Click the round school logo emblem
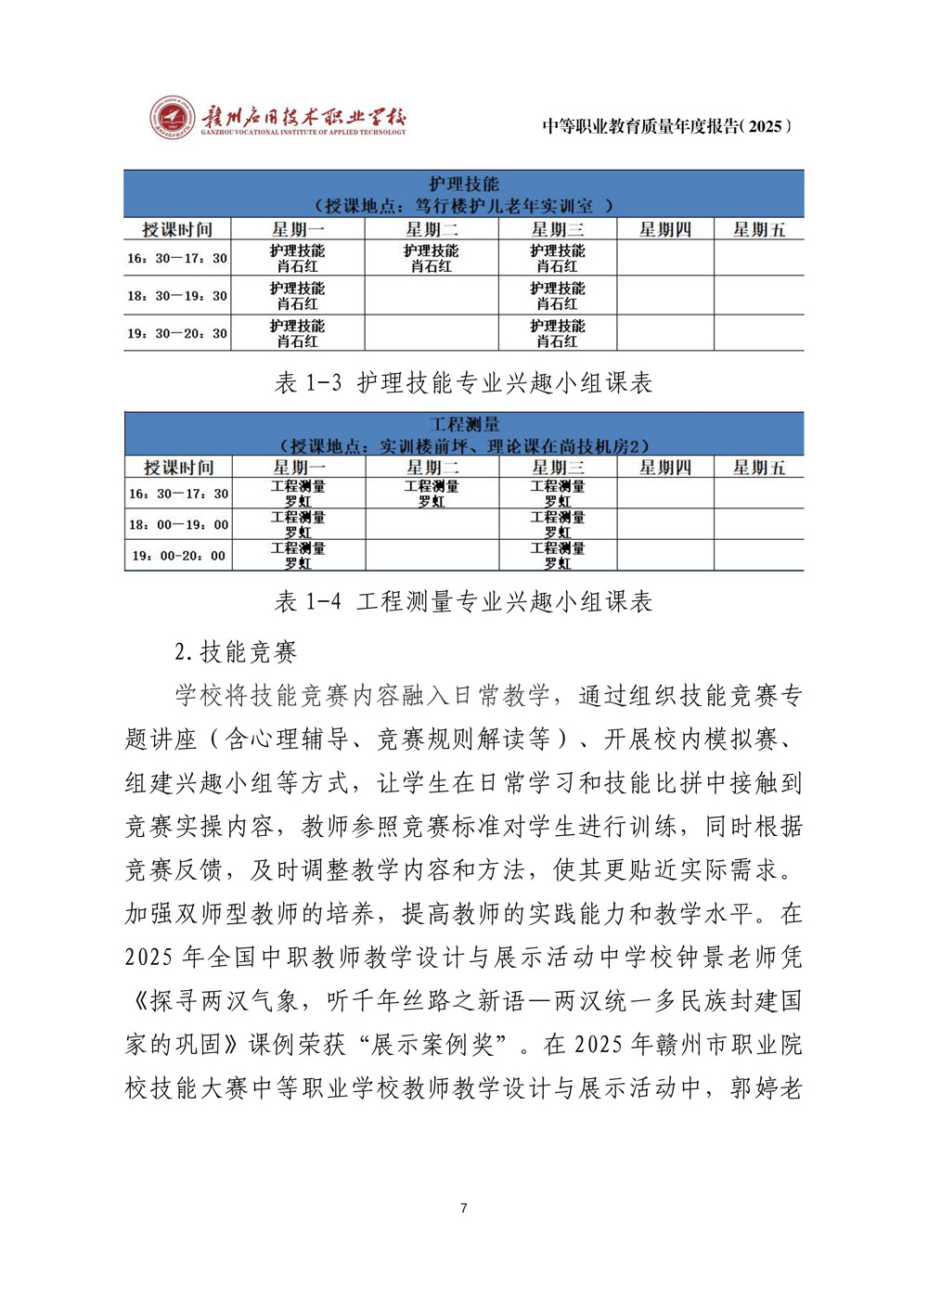(174, 118)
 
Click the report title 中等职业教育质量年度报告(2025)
(666, 126)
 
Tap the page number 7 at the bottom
(464, 1208)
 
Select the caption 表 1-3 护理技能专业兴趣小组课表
(464, 382)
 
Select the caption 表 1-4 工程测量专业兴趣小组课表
(464, 601)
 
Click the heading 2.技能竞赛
(236, 651)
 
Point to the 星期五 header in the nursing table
(758, 229)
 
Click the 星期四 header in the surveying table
(664, 468)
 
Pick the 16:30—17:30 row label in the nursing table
(177, 258)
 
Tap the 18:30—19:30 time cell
(177, 296)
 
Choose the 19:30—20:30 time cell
(177, 333)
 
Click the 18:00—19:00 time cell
(177, 524)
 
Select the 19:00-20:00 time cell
(177, 556)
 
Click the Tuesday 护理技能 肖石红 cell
(432, 258)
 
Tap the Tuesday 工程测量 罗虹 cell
(432, 494)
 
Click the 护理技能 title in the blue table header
(464, 184)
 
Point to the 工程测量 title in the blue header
(464, 424)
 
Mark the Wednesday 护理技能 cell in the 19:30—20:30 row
(557, 333)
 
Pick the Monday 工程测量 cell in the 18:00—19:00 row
(298, 524)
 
